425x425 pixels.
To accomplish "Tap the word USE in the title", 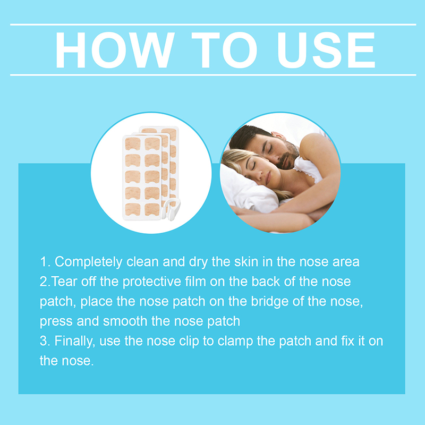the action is coord(326,50).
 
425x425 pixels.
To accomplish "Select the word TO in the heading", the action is coord(224,50).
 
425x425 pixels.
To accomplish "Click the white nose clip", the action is coord(170,209).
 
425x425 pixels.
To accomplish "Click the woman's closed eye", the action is coord(253,166).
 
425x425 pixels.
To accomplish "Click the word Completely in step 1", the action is coord(88,262).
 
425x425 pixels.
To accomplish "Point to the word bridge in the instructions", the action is coord(270,302).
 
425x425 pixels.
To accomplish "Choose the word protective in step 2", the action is coord(152,282).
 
